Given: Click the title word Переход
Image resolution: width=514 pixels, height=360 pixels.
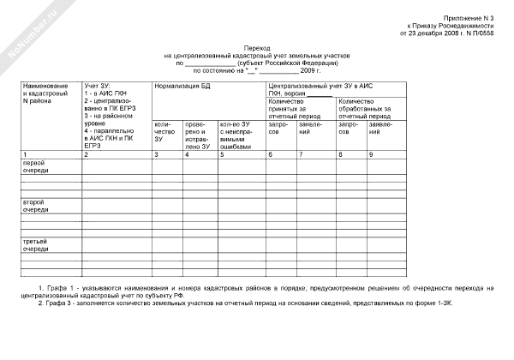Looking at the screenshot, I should [257, 50].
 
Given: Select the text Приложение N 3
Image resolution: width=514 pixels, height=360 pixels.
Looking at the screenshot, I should [469, 18].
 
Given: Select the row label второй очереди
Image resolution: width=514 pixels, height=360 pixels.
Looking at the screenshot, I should [36, 205].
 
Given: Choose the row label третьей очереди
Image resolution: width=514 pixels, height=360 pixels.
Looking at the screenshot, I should [36, 244].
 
